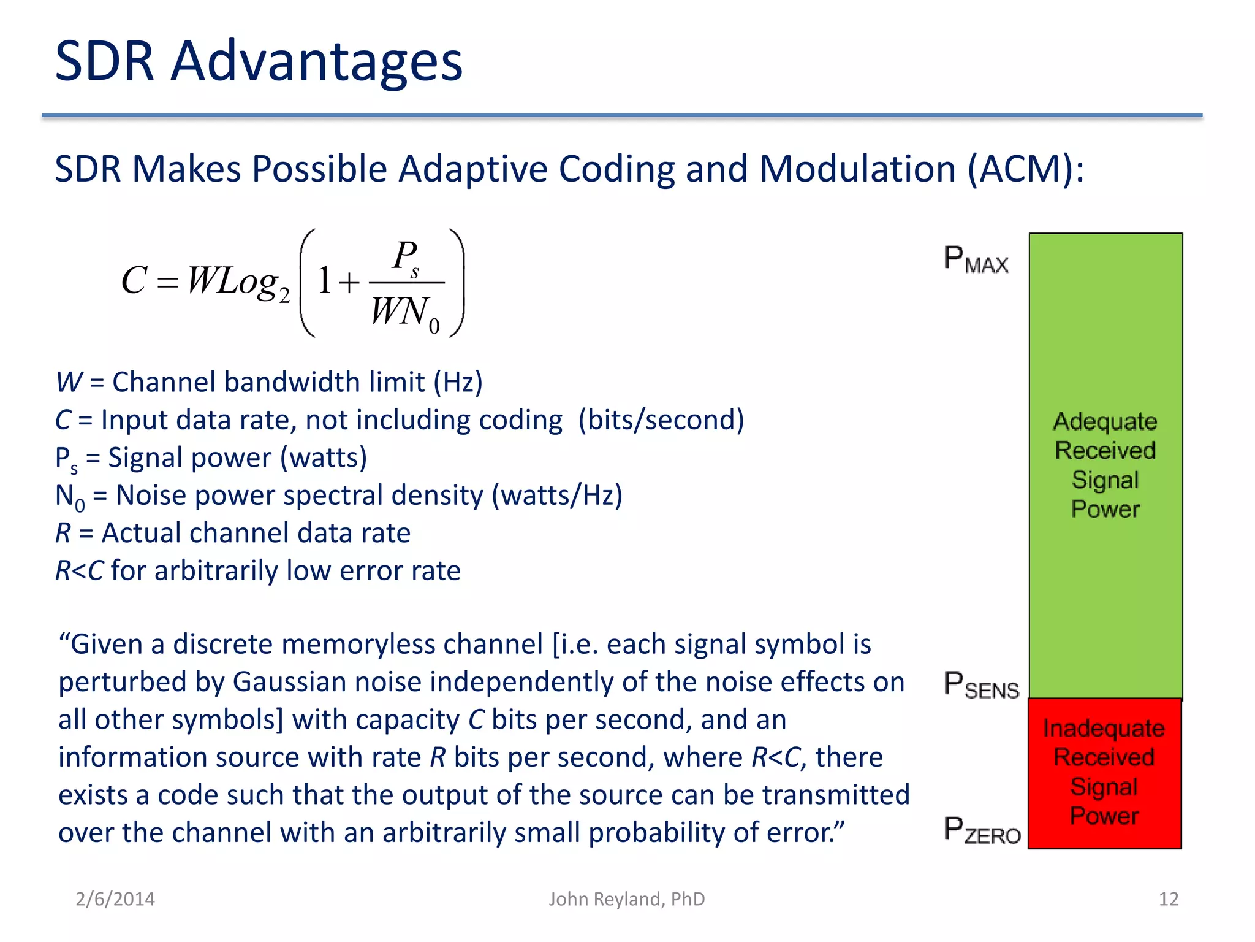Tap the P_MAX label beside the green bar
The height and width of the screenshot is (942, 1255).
point(976,259)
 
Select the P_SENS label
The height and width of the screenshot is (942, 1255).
point(981,685)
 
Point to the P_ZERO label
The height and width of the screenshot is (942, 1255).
point(982,831)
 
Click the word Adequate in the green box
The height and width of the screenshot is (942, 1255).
point(1105,421)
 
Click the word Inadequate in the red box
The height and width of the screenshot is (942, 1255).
point(1104,729)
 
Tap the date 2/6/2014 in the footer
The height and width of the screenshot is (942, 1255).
point(115,899)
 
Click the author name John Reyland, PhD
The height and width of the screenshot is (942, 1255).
point(626,899)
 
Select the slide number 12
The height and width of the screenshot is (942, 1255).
point(1168,899)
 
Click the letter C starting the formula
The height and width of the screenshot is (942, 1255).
point(134,281)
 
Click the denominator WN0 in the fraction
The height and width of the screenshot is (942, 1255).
point(404,313)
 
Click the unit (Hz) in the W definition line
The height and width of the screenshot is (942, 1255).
point(458,382)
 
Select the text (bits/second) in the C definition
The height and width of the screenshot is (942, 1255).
point(661,420)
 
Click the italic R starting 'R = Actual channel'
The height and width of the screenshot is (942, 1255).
point(63,533)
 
